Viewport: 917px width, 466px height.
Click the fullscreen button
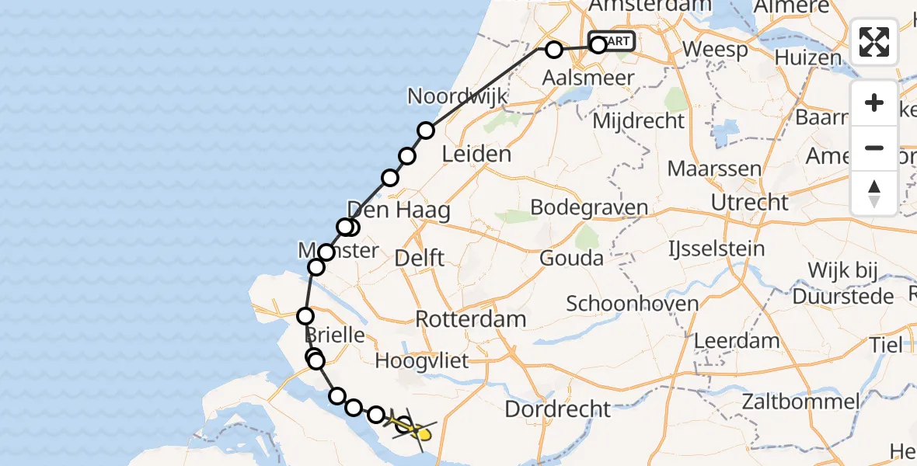click(x=874, y=42)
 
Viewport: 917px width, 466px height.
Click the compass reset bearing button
click(x=874, y=193)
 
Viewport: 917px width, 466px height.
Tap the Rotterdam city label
click(x=470, y=318)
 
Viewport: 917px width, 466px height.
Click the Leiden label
click(x=476, y=154)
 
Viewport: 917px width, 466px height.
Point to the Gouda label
click(x=571, y=258)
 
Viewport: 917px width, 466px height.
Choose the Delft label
click(x=419, y=257)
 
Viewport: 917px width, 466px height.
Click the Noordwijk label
click(x=458, y=97)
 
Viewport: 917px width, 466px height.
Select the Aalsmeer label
click(x=588, y=78)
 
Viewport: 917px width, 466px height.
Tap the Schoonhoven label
click(x=632, y=303)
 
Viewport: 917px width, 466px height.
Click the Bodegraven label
click(x=589, y=207)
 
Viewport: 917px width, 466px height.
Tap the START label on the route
click(x=614, y=41)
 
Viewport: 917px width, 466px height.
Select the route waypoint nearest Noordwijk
click(x=426, y=130)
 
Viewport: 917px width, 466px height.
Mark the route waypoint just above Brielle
click(x=305, y=316)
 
